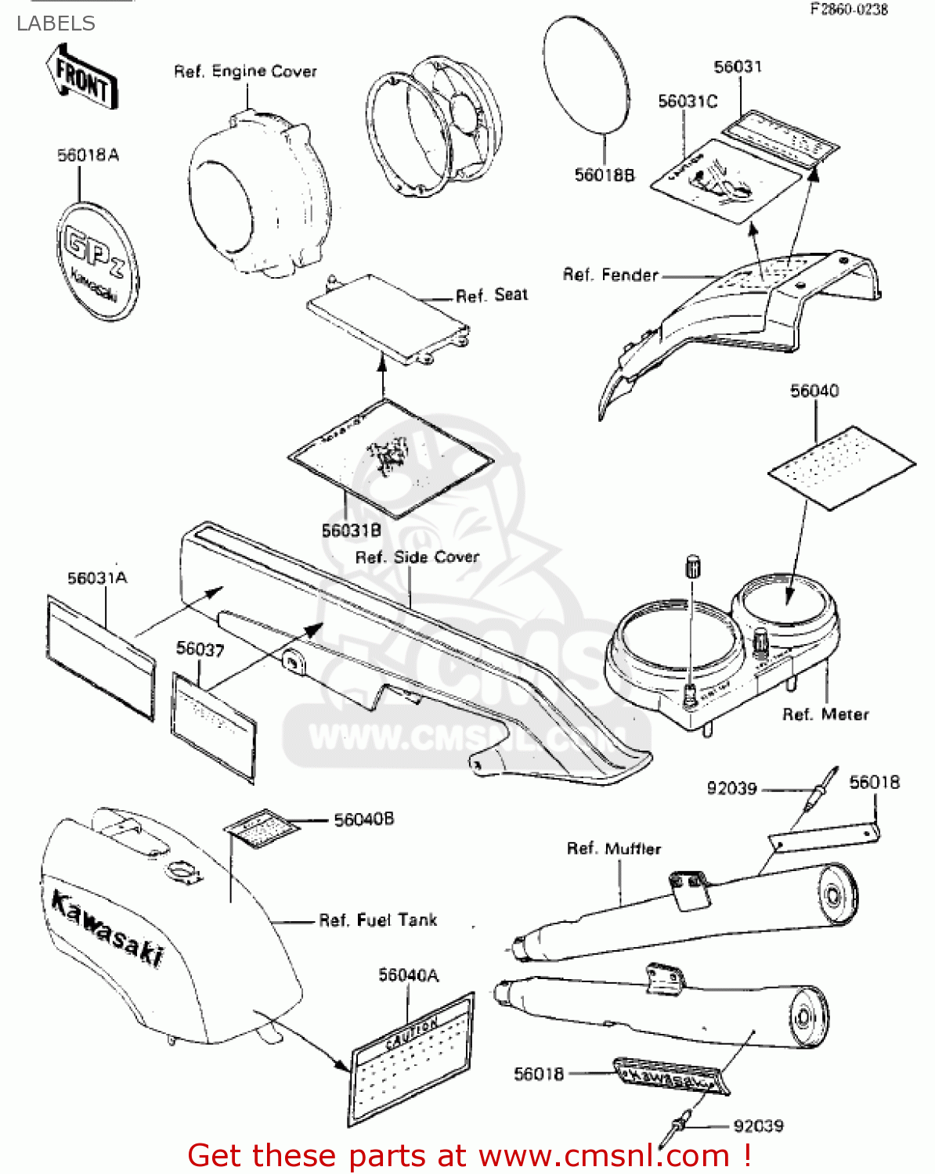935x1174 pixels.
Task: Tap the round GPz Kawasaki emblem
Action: point(97,261)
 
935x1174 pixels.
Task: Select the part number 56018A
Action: point(88,155)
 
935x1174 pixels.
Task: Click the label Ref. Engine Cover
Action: point(245,71)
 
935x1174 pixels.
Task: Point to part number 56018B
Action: point(604,175)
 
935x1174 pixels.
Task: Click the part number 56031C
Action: point(687,101)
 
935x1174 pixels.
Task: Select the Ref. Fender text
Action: point(610,275)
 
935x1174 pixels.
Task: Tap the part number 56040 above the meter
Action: point(814,391)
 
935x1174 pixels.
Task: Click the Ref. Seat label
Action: point(492,295)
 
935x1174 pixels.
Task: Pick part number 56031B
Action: point(351,531)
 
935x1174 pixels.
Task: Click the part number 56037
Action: point(200,649)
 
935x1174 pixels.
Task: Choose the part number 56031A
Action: point(97,578)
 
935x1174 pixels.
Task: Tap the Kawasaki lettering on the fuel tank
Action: point(107,928)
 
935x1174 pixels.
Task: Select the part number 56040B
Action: point(363,819)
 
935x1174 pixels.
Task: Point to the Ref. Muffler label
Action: point(613,848)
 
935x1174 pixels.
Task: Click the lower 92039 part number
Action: point(757,1125)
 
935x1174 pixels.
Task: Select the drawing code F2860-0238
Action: point(849,9)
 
